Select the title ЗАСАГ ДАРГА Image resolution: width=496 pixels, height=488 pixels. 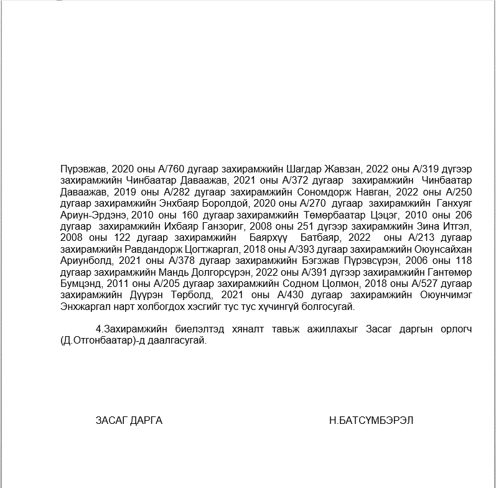[129, 420]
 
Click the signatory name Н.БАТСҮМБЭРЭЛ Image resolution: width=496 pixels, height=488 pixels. [371, 420]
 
